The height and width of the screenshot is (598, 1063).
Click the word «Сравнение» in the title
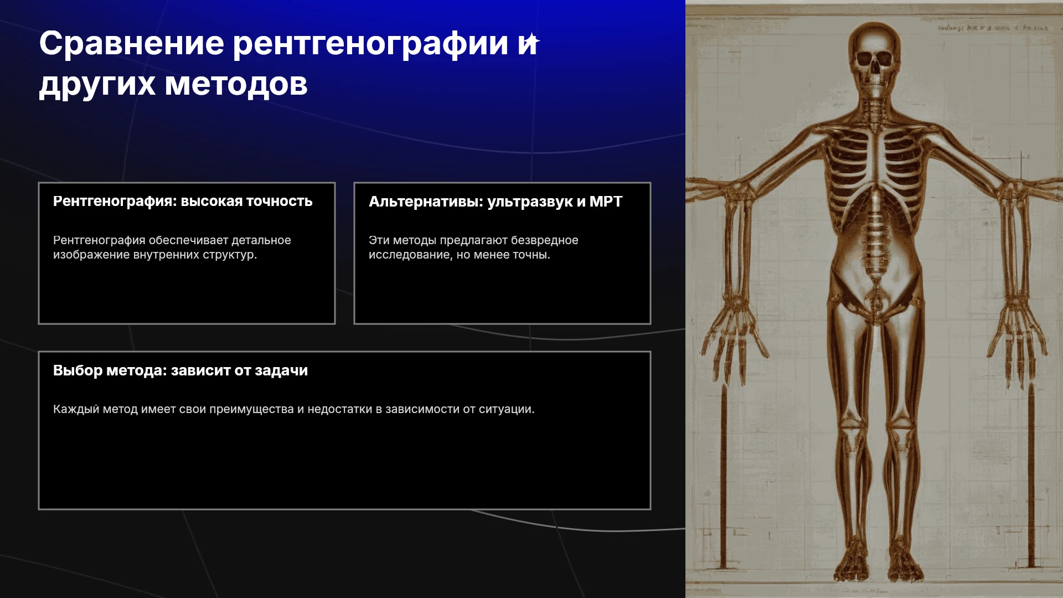click(x=132, y=43)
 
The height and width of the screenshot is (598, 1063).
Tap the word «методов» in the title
click(x=236, y=84)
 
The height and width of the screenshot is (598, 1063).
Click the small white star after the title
click(x=532, y=42)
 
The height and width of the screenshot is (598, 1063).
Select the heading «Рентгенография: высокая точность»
click(x=183, y=201)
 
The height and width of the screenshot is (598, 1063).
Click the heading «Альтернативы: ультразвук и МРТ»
click(x=496, y=202)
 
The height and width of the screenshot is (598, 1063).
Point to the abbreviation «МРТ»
click(x=606, y=202)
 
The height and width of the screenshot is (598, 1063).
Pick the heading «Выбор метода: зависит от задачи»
click(x=180, y=370)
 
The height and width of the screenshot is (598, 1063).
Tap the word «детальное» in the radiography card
click(x=261, y=240)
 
